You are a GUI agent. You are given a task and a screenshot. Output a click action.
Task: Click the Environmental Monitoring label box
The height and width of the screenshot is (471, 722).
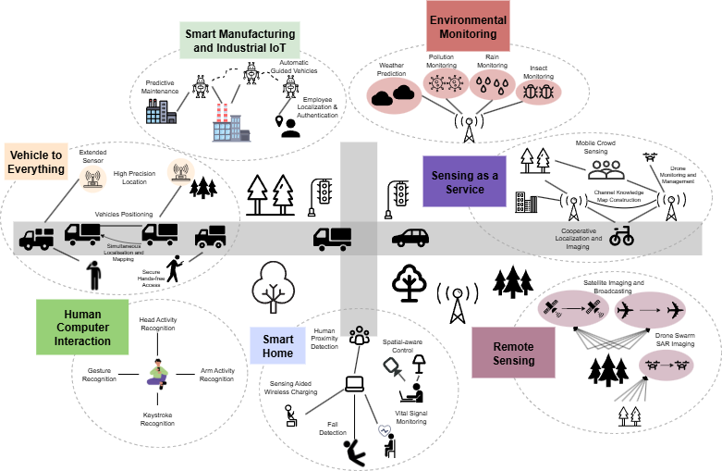click(x=468, y=26)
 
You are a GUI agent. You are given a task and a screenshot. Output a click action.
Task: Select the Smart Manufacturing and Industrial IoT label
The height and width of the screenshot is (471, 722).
click(x=239, y=41)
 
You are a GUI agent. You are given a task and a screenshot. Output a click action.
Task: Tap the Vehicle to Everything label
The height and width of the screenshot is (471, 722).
click(x=36, y=162)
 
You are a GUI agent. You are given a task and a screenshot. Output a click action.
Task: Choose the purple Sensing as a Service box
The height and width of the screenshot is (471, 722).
click(x=464, y=181)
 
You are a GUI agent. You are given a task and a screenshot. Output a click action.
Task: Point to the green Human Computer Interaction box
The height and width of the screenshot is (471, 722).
click(x=81, y=328)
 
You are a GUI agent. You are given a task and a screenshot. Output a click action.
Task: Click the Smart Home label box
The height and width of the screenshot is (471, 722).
click(x=277, y=346)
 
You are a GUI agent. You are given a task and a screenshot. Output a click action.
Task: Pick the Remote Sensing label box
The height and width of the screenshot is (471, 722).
click(x=513, y=353)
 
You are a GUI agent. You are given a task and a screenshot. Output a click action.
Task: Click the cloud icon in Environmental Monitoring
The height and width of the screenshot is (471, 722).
click(x=393, y=93)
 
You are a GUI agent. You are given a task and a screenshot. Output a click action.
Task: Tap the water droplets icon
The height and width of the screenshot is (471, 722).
click(x=492, y=86)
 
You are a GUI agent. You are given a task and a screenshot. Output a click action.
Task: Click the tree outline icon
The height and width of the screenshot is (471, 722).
click(x=273, y=286)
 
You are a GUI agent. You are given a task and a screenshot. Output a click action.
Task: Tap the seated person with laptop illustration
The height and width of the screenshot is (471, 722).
click(x=157, y=373)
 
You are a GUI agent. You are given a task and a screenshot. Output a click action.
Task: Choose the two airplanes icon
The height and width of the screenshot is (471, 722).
click(x=650, y=309)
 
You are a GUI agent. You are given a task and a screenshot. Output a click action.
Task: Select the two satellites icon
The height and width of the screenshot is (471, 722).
click(x=572, y=309)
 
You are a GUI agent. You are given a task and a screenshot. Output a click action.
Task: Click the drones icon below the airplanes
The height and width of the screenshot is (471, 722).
click(x=666, y=364)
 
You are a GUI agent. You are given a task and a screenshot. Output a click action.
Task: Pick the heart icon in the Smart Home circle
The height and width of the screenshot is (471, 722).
click(x=385, y=430)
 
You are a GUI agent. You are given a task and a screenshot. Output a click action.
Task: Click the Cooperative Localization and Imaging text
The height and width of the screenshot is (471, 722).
click(x=579, y=238)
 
